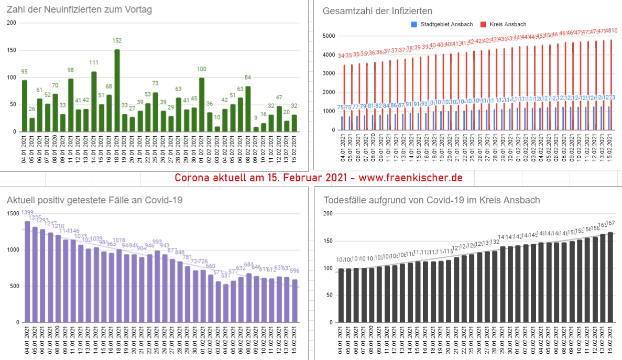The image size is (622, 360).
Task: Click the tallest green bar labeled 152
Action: (x=117, y=90)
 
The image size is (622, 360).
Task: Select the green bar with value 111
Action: (x=94, y=102)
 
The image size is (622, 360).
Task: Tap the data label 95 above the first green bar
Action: (x=25, y=72)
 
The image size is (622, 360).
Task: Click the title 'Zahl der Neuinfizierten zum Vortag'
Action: (x=79, y=10)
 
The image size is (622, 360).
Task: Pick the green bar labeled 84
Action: (x=248, y=109)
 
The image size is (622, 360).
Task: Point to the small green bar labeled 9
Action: (x=256, y=129)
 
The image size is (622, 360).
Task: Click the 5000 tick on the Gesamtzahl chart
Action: (x=329, y=36)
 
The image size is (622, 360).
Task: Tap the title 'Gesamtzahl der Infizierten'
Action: (x=377, y=11)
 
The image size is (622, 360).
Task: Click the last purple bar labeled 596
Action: (x=294, y=301)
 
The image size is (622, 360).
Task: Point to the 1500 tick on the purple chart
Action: (x=12, y=213)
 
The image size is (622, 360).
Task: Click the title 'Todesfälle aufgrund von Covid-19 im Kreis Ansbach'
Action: (x=432, y=200)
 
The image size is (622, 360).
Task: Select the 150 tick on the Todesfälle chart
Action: (x=329, y=241)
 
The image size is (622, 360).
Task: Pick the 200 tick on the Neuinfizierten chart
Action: (x=11, y=23)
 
